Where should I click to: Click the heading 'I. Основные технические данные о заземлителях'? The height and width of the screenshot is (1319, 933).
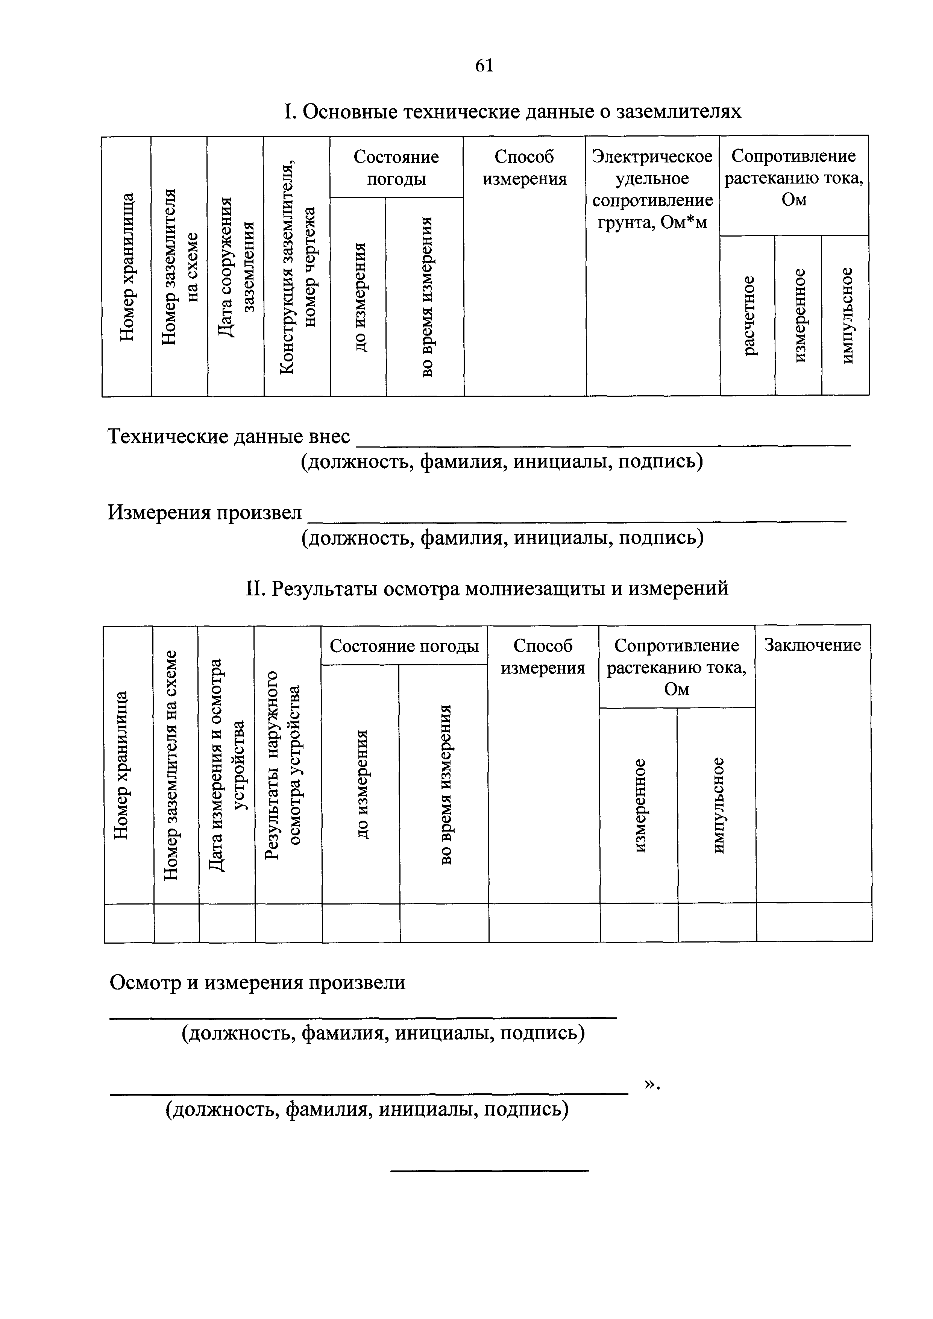point(513,111)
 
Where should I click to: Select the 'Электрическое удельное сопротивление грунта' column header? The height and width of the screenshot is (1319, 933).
point(652,189)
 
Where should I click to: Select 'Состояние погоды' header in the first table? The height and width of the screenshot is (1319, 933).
point(396,167)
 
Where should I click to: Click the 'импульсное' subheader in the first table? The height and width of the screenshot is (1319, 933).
point(846,316)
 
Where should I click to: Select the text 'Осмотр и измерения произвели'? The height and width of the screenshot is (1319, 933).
point(257,983)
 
